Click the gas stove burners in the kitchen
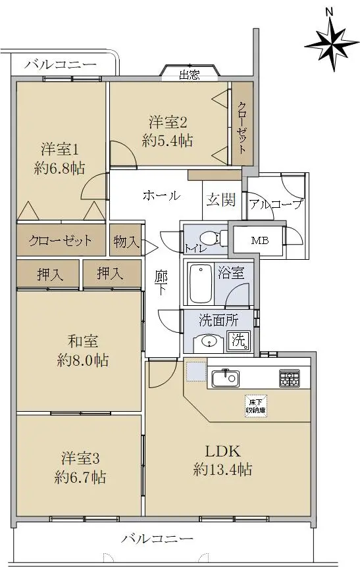point(289,378)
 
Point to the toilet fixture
point(213,238)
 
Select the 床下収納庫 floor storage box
point(256,406)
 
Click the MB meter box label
point(260,241)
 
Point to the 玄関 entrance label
point(220,200)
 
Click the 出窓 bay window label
point(190,75)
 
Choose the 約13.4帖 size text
point(223,470)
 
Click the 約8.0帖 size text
point(83,360)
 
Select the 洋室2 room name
point(168,122)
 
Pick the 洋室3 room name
point(80,458)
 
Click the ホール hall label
point(161,195)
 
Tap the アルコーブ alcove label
point(275,205)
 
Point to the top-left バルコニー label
point(61,64)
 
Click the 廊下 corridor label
point(161,282)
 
